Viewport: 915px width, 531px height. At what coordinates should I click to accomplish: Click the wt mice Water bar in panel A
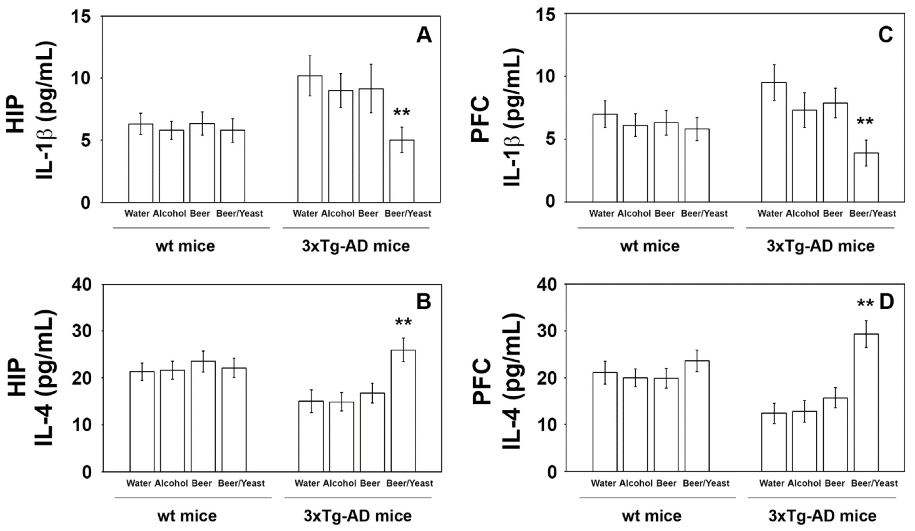click(x=141, y=163)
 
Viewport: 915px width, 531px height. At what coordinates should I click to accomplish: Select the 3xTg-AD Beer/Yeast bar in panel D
click(x=866, y=403)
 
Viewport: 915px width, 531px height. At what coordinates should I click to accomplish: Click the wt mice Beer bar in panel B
click(x=203, y=416)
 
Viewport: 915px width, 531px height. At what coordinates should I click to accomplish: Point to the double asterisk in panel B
click(x=403, y=322)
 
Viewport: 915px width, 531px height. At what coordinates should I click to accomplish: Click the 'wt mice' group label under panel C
click(x=650, y=246)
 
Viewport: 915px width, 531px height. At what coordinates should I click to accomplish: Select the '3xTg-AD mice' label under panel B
click(x=358, y=516)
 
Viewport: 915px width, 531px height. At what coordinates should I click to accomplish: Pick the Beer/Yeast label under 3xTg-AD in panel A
click(x=408, y=214)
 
